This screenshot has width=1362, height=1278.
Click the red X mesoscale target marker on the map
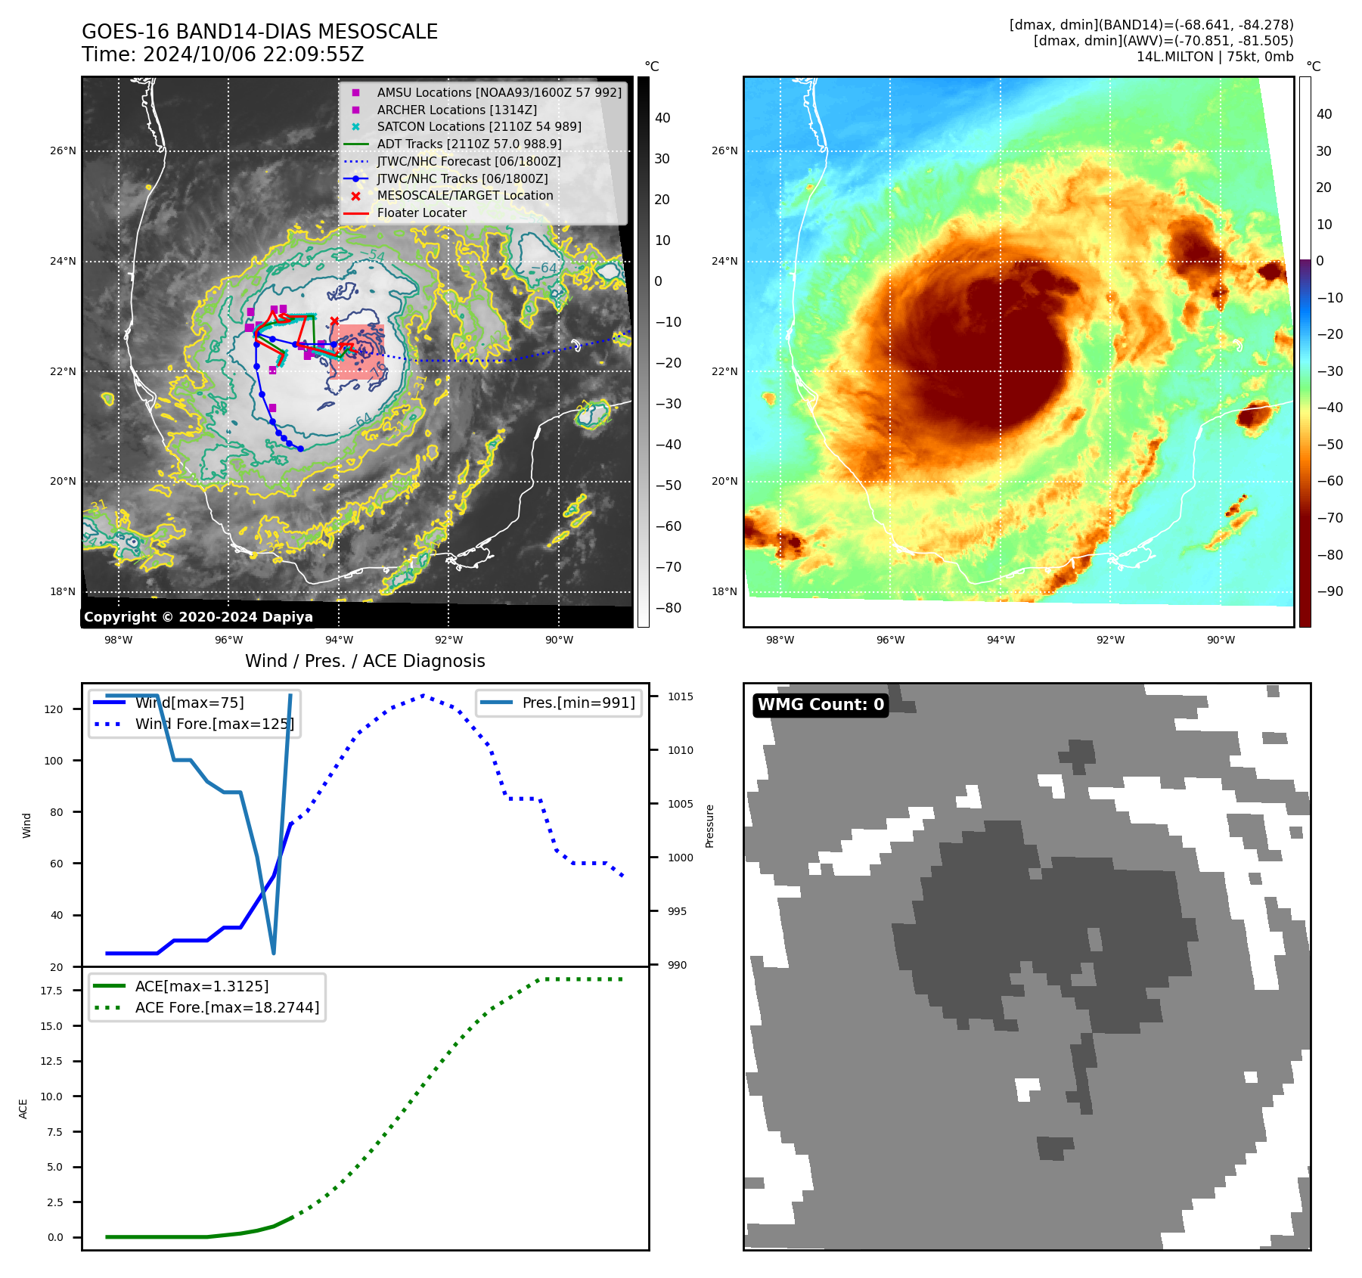pos(334,321)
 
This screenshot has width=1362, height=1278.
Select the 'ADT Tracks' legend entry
pos(469,144)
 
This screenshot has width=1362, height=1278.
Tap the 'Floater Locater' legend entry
pos(421,213)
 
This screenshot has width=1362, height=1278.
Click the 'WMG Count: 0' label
pos(821,705)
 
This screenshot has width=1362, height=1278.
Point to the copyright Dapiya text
pos(198,617)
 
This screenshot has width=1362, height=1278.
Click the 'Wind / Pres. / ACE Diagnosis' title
pos(365,661)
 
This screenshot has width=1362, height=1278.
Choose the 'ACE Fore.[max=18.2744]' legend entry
pos(227,1007)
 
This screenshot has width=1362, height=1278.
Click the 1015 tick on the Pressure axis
pos(680,696)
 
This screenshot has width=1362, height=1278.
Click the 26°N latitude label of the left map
pos(63,151)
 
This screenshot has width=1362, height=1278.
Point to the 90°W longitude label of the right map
pos(1221,641)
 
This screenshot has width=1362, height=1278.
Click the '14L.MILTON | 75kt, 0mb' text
pos(1215,57)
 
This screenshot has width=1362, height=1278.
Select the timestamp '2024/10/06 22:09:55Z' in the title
pos(253,54)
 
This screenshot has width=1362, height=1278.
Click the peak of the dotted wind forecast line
pos(423,696)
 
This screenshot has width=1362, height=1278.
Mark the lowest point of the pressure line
pos(274,953)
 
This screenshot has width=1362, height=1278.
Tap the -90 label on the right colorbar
pos(1329,591)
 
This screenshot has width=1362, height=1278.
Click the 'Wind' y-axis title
pos(27,825)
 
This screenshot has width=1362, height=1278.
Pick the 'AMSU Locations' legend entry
pos(499,92)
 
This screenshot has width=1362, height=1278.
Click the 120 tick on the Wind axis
pos(54,709)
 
